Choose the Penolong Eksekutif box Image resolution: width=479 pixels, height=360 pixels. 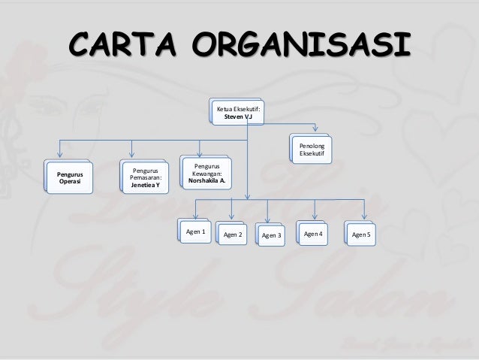click(x=312, y=148)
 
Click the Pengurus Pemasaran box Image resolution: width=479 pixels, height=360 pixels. click(x=145, y=177)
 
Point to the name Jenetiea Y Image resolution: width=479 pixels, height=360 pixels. click(x=145, y=184)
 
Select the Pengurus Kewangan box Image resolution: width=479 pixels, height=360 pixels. click(x=206, y=172)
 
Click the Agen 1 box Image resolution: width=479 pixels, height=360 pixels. click(x=195, y=232)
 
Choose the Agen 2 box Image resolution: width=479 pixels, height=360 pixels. click(x=233, y=235)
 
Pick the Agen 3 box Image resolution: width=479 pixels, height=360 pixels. click(x=271, y=236)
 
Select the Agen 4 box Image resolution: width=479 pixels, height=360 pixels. click(x=313, y=234)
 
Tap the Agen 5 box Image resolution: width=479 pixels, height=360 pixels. click(x=361, y=235)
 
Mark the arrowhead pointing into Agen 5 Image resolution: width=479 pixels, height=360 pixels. click(x=364, y=218)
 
